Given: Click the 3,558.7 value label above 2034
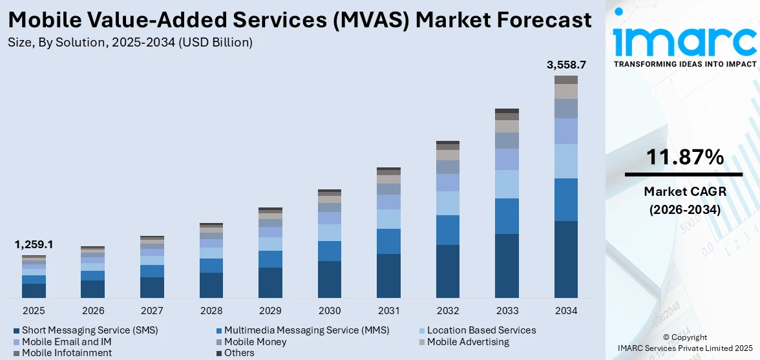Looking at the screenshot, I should [566, 65].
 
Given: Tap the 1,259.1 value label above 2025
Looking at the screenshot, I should [34, 245].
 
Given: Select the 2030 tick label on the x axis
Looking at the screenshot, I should [330, 310].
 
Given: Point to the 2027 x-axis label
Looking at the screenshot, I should [152, 310].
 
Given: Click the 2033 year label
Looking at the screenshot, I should [507, 310].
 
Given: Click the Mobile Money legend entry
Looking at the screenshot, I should [255, 342].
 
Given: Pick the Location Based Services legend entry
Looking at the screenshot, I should [481, 330].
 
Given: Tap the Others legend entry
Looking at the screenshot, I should [239, 353].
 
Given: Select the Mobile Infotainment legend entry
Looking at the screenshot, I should [67, 353].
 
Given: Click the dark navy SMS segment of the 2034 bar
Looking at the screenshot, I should [566, 259].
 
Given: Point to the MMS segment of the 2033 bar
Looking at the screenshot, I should [507, 216].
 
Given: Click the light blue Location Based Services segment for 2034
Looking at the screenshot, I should [566, 161].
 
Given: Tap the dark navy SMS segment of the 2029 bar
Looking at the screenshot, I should [270, 282].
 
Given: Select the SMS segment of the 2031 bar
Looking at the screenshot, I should [388, 276].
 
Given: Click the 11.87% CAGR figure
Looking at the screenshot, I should [684, 157].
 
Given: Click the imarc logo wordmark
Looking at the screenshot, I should [684, 40].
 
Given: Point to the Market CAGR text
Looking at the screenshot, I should [684, 191].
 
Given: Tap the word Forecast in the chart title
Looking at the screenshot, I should [536, 20].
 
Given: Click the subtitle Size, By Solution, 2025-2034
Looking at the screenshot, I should [130, 43].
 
